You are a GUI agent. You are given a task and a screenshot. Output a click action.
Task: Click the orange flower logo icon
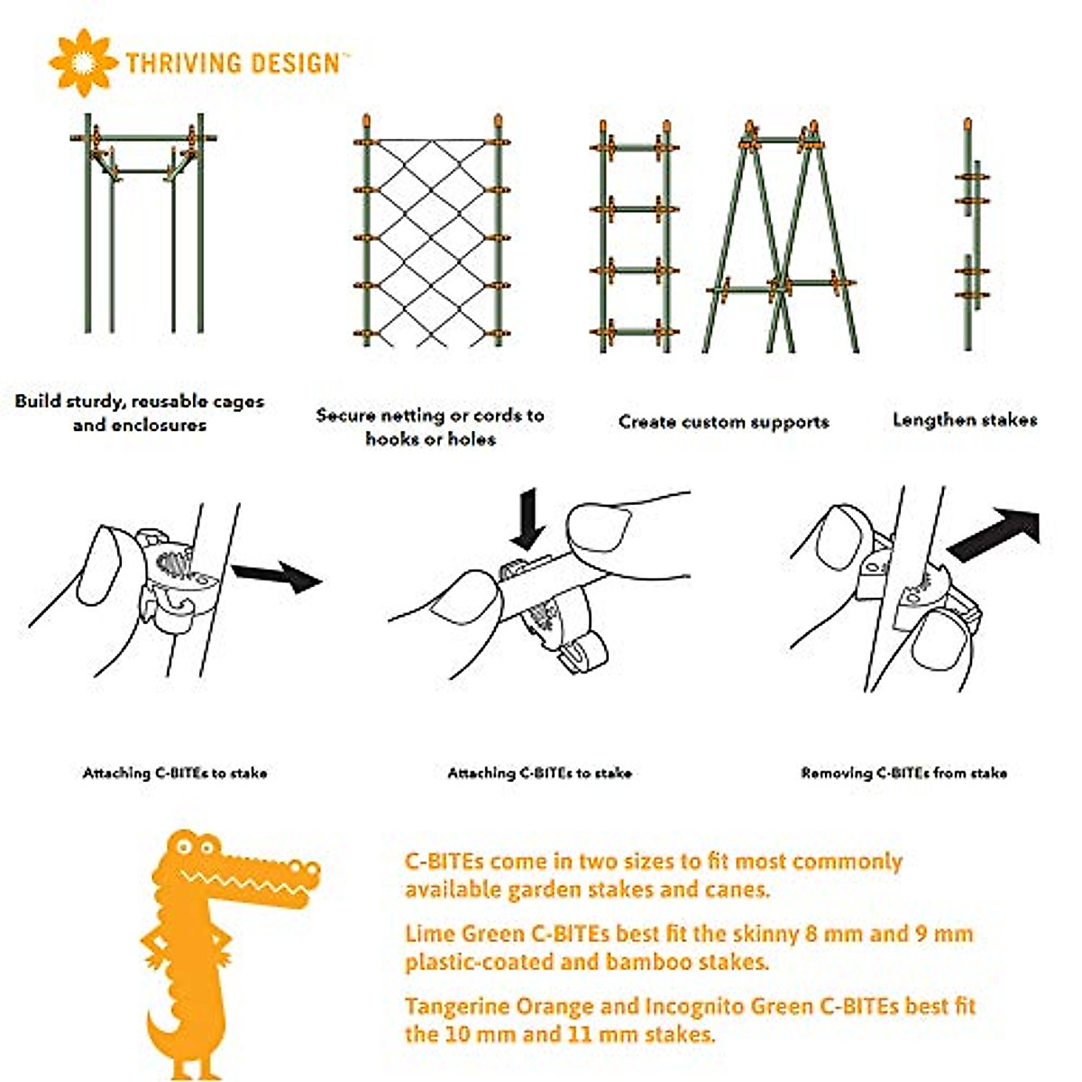click(83, 62)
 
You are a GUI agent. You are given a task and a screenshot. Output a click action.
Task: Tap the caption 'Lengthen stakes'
click(964, 420)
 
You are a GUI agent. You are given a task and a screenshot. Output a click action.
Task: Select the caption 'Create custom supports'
click(723, 422)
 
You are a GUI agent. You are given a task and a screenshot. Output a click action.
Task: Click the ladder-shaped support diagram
click(635, 236)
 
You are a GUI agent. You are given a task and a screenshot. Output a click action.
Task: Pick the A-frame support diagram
click(781, 236)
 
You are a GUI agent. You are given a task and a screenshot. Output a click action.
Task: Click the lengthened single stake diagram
click(969, 234)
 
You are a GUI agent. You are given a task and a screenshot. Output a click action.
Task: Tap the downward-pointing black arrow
click(527, 518)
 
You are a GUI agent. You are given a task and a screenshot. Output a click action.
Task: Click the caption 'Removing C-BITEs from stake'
click(903, 773)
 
